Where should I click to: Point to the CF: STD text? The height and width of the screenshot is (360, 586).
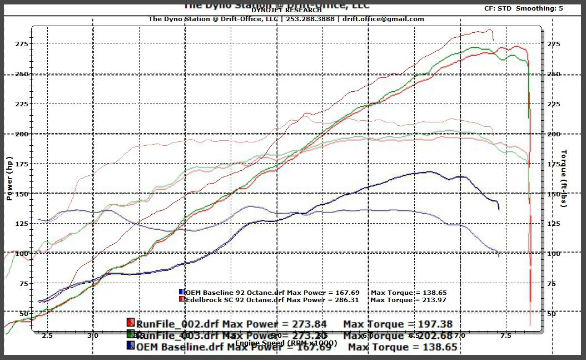[498, 8]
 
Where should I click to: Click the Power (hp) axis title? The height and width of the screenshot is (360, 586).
[9, 177]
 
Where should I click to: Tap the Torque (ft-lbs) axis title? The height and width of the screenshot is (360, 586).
[564, 178]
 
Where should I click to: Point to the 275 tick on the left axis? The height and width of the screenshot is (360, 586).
[22, 44]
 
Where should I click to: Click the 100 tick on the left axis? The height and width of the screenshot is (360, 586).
[22, 254]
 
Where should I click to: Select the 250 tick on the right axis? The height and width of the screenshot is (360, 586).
[554, 74]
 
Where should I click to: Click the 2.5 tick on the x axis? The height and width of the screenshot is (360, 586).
[47, 336]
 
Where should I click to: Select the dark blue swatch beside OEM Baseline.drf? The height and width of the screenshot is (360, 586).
[131, 346]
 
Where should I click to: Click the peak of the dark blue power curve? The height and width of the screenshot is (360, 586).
[429, 172]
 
